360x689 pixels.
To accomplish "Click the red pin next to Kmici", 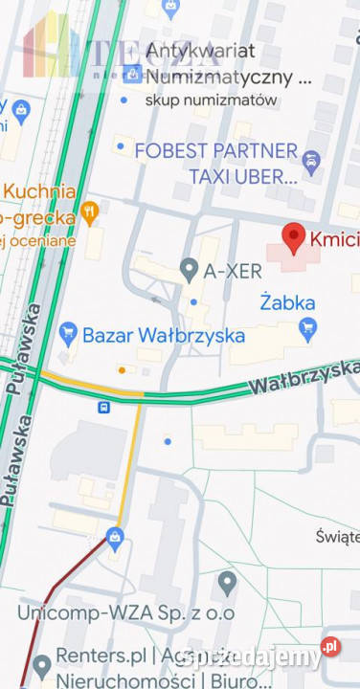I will click(x=293, y=235).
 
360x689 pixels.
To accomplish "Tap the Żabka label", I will click(x=288, y=302).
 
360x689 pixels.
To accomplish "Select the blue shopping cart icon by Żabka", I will click(x=307, y=330).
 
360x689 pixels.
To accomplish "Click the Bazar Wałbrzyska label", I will click(x=164, y=336).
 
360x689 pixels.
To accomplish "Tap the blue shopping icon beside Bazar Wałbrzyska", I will click(x=67, y=334).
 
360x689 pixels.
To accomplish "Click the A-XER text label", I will click(x=233, y=271).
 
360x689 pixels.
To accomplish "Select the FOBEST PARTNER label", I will click(x=216, y=150).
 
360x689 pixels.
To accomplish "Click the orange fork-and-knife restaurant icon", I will click(x=90, y=212).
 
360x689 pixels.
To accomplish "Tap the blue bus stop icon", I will click(x=103, y=407).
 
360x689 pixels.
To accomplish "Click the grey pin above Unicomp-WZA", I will click(x=227, y=581).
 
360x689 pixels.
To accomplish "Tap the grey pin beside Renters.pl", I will click(x=41, y=665).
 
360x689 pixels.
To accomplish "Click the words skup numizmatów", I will click(x=212, y=100).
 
